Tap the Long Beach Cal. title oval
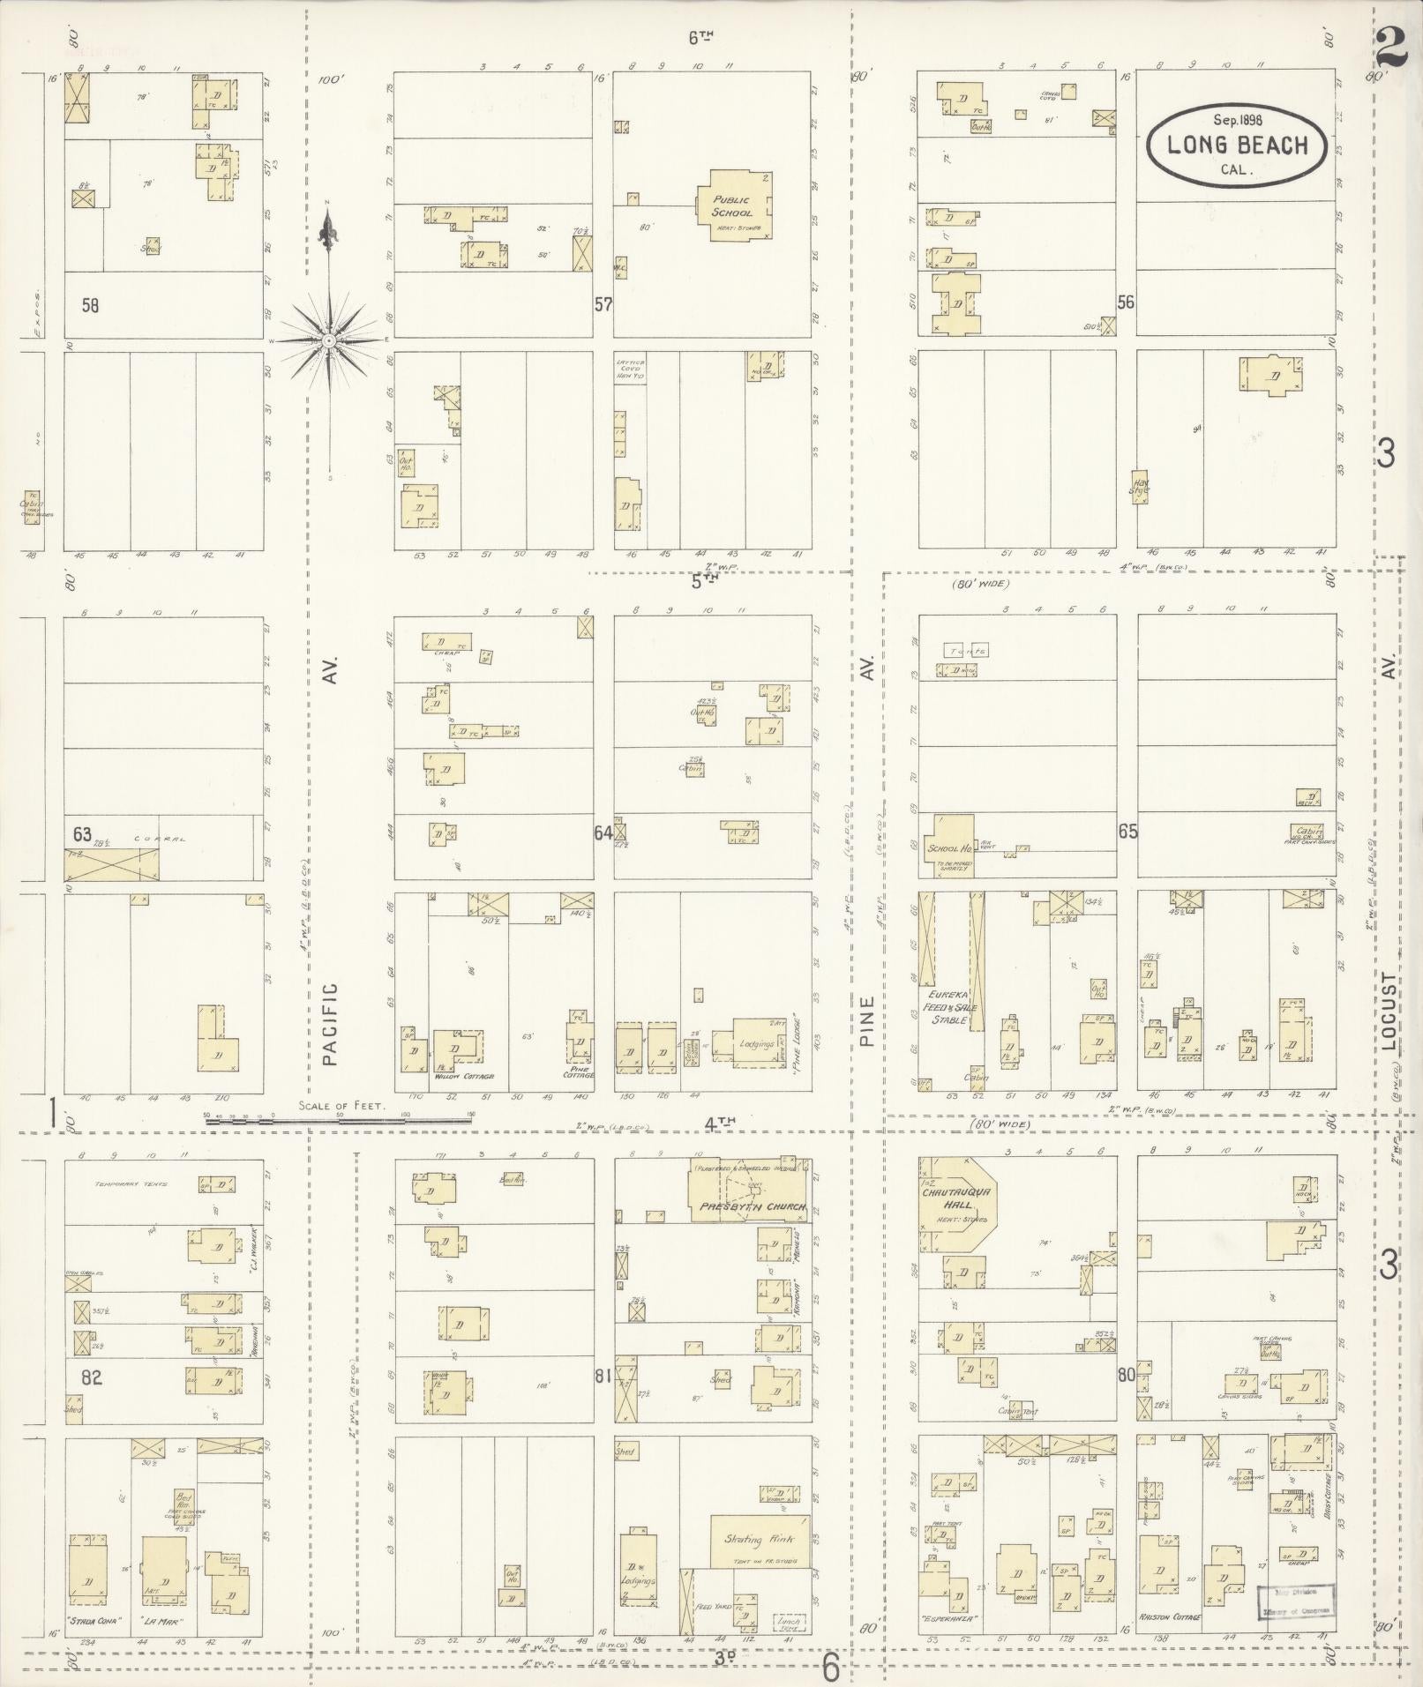click(1237, 146)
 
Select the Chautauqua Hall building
click(957, 1202)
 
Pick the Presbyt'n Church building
click(746, 1190)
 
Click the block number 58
click(90, 305)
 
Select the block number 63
click(82, 833)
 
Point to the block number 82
click(92, 1377)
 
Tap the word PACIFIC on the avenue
click(330, 1024)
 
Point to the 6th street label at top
click(700, 38)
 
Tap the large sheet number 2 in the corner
click(1391, 46)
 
